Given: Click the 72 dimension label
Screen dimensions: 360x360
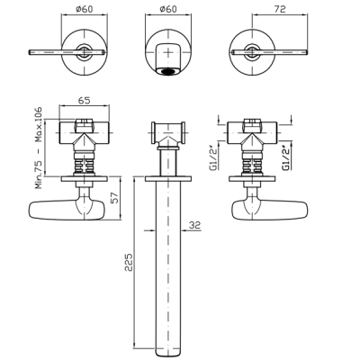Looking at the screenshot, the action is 280,9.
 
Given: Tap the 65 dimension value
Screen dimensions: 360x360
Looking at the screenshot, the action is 85,101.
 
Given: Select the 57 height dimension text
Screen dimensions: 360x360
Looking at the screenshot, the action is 115,198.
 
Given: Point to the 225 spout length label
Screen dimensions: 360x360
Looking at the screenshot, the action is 129,262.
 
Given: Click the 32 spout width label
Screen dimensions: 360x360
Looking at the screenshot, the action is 194,225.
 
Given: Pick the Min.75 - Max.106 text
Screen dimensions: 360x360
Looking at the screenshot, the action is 39,148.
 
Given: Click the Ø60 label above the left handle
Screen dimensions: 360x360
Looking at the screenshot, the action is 85,9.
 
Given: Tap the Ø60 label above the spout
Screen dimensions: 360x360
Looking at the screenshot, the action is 168,9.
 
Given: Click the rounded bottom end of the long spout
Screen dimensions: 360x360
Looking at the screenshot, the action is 169,352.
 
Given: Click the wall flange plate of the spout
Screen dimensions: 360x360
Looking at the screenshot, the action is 168,178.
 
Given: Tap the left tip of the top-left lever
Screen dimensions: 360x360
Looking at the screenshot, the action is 30,52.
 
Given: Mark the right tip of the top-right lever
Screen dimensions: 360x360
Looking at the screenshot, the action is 307,52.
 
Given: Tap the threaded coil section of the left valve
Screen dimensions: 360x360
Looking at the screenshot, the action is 85,166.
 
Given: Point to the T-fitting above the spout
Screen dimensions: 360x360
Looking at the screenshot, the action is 168,134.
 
